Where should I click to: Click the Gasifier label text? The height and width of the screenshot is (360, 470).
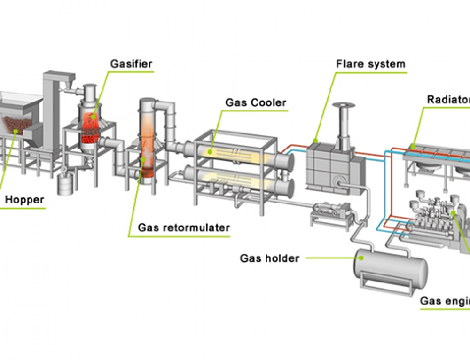click(x=131, y=63)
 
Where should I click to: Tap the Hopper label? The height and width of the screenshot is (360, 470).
click(x=24, y=200)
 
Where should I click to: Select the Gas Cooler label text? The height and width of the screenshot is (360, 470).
click(x=256, y=102)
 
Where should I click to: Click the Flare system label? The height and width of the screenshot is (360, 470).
click(x=370, y=64)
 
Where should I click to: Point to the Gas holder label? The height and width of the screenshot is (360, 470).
click(x=269, y=258)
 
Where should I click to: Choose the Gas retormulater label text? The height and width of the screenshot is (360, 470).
click(x=183, y=228)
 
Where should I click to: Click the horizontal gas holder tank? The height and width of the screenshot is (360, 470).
click(x=391, y=269)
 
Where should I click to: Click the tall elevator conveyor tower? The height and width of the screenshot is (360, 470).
click(x=53, y=113)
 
